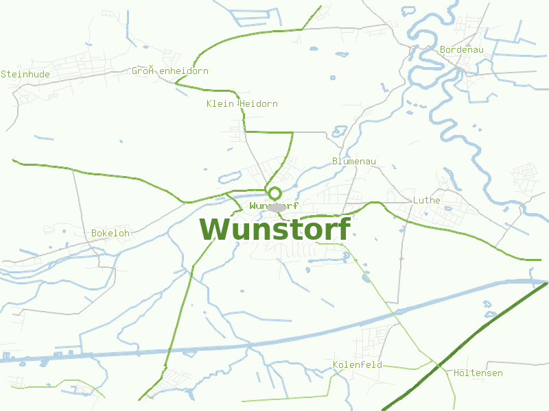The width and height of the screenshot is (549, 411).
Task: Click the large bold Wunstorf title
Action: [x=274, y=229]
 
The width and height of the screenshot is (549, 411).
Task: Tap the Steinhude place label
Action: [x=25, y=74]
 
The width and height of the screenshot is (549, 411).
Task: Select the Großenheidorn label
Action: [x=170, y=71]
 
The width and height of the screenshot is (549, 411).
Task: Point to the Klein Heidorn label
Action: [x=242, y=104]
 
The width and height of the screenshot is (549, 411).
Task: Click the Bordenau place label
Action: [x=462, y=50]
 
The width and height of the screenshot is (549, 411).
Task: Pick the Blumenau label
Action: [x=354, y=162]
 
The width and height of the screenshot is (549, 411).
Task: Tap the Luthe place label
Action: [x=426, y=201]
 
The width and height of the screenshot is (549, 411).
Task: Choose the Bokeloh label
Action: [x=110, y=234]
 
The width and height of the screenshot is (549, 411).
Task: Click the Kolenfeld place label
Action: [x=358, y=365]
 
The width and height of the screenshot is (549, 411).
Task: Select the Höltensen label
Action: [x=478, y=373]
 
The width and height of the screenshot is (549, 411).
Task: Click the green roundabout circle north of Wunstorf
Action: [x=274, y=193]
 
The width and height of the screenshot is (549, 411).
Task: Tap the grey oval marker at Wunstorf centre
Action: [x=277, y=207]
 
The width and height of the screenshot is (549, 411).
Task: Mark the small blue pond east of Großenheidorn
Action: [x=314, y=49]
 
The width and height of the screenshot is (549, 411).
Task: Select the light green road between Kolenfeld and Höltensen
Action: [x=405, y=367]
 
